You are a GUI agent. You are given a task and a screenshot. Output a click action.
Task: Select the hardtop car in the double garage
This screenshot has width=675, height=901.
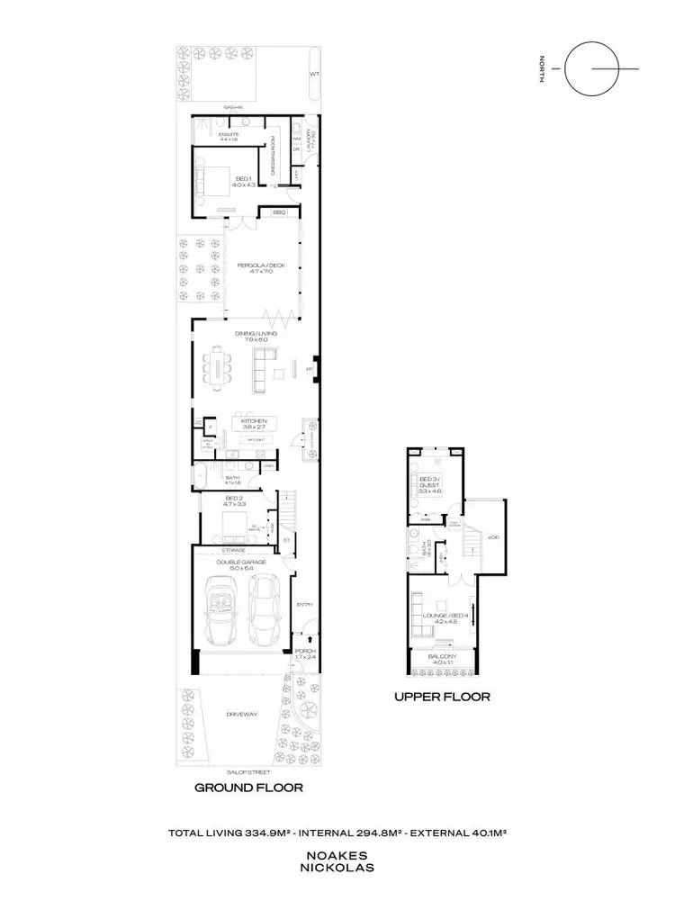[264, 608]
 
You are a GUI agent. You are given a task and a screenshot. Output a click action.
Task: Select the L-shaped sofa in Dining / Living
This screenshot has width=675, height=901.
[263, 370]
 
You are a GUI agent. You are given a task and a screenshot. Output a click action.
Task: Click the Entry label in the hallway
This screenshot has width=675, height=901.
[304, 605]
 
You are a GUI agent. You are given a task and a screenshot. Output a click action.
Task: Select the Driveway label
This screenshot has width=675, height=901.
[243, 715]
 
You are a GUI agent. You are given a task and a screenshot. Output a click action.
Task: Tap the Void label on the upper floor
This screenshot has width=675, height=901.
[493, 538]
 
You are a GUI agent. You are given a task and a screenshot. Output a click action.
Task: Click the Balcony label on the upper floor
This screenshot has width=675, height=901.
[443, 658]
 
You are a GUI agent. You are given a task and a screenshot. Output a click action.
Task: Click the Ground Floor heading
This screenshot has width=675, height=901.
[248, 787]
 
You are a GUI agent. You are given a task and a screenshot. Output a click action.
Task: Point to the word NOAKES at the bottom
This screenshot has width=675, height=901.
[337, 860]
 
